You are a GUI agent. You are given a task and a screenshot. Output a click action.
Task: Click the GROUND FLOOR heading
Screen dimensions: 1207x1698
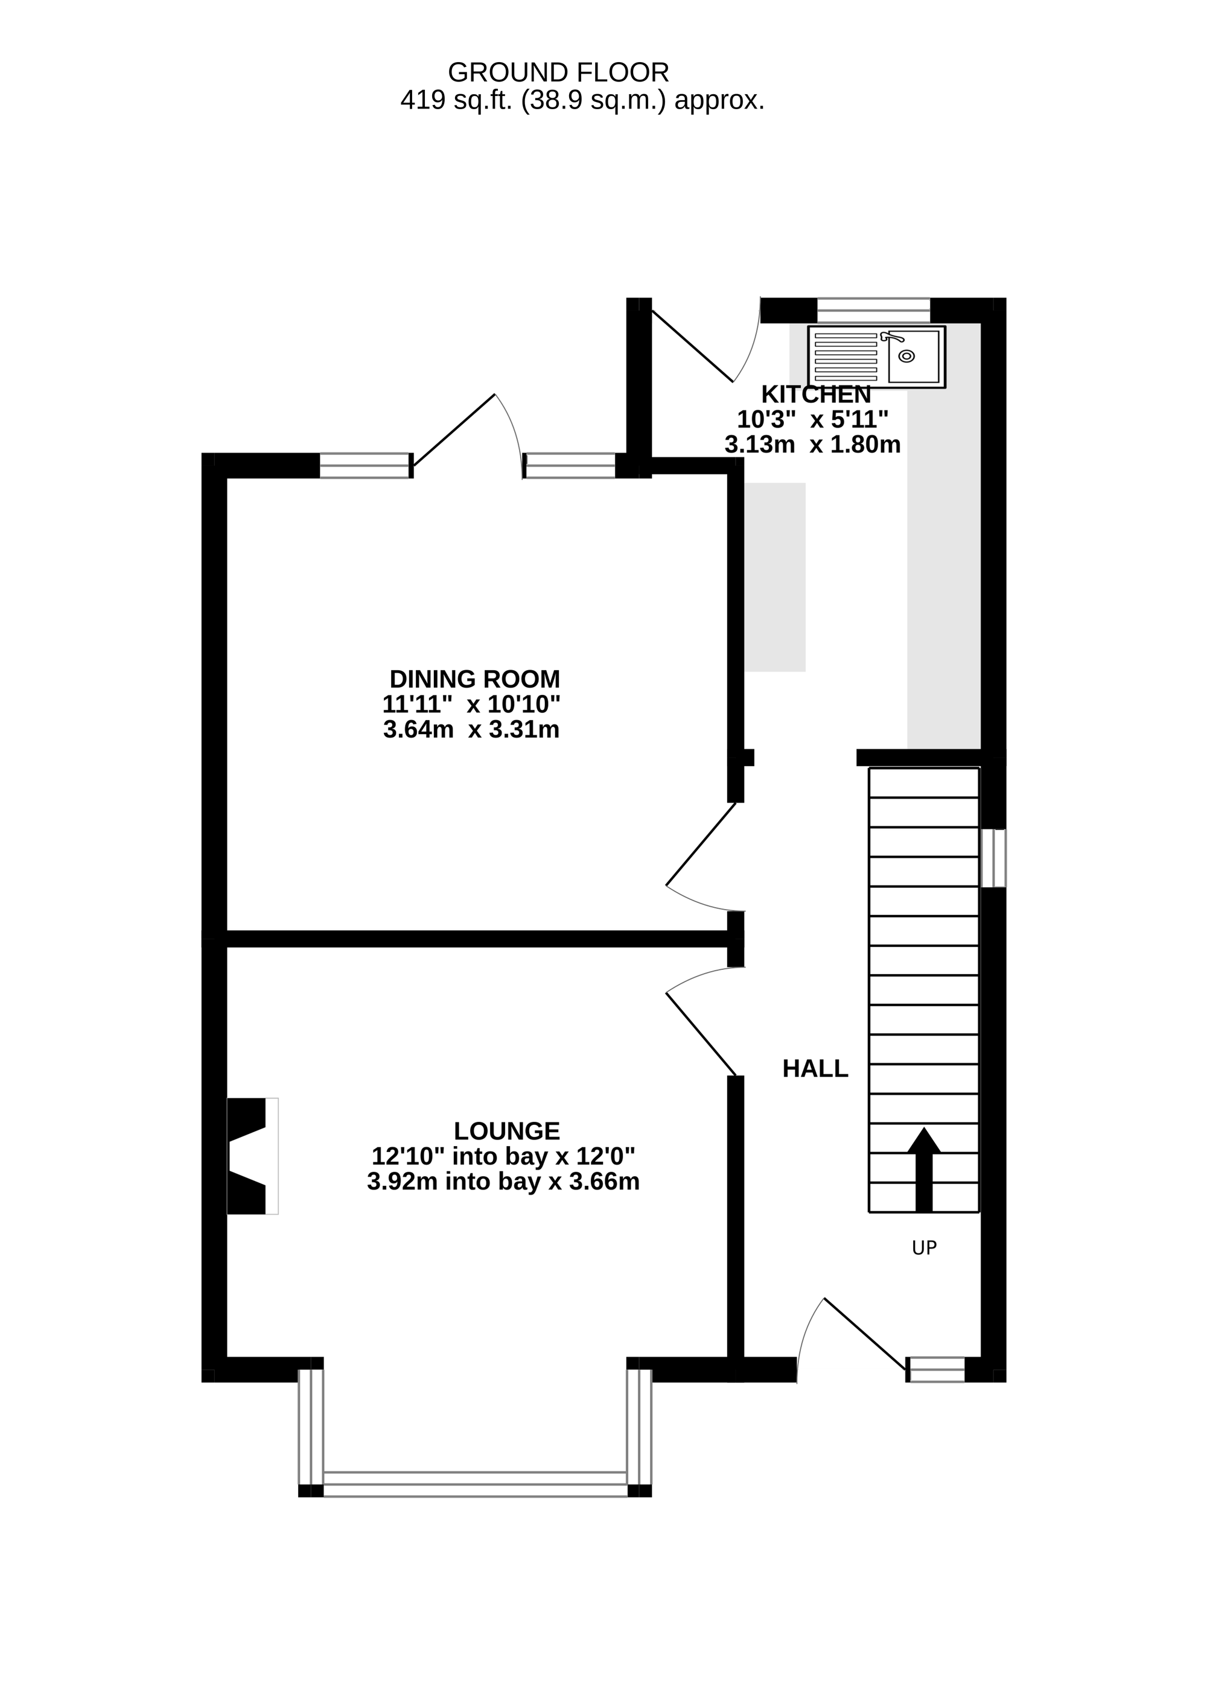tap(558, 73)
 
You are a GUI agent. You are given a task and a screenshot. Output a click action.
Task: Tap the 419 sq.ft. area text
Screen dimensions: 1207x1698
tap(583, 100)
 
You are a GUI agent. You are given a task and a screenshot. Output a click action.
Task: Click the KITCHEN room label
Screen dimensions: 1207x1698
tap(815, 394)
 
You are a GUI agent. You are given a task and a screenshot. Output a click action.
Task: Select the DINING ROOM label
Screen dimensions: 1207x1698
tap(475, 679)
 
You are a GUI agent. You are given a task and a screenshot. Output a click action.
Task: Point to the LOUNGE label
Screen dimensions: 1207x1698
tap(507, 1131)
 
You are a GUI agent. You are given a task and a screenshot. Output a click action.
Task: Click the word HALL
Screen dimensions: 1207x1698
tap(815, 1069)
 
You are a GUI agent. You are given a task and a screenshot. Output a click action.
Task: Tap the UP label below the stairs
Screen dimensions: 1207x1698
tap(924, 1249)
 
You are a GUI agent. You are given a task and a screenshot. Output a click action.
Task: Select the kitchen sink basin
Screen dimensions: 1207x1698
tap(914, 356)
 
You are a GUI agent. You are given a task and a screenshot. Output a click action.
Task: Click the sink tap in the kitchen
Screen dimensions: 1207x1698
tap(892, 337)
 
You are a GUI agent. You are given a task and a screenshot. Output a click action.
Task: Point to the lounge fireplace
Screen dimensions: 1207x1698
tap(252, 1156)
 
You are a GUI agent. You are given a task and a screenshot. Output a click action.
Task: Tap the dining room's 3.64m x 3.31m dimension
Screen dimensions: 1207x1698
tap(471, 730)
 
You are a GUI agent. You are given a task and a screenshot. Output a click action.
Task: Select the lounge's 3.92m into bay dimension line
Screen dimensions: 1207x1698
tap(503, 1182)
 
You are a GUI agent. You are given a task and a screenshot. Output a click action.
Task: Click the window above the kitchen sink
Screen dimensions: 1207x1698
tap(873, 311)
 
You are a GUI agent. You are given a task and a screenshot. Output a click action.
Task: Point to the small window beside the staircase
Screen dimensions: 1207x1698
tap(994, 858)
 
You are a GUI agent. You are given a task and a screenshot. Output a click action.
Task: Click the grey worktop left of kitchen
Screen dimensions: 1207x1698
tap(775, 577)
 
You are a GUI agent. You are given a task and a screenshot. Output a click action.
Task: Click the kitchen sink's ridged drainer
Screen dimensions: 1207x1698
tap(846, 356)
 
